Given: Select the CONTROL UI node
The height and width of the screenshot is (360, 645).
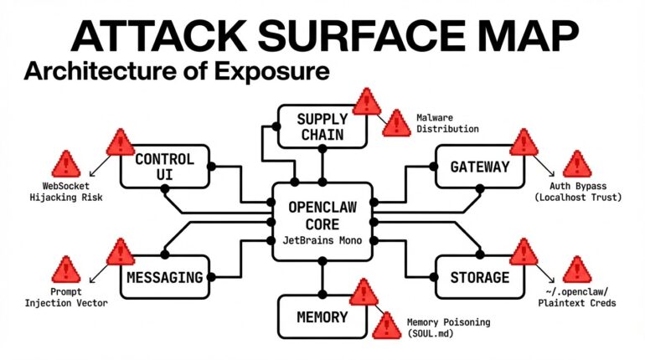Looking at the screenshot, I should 164,167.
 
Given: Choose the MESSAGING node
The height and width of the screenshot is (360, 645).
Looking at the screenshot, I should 164,276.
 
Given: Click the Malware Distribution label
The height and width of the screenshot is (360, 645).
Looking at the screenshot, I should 447,123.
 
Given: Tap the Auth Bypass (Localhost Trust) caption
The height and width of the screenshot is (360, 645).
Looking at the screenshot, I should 579,191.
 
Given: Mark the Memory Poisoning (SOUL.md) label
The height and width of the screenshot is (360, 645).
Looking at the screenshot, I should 448,328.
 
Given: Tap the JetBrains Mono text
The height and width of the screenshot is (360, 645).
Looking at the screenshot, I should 322,240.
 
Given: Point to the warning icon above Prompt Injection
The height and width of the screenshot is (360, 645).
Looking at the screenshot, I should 65,270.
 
